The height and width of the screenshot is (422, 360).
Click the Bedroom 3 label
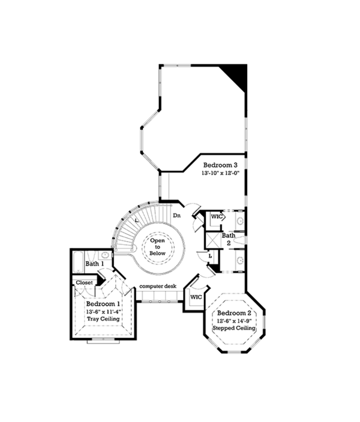[219, 165]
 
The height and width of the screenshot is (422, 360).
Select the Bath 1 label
[95, 263]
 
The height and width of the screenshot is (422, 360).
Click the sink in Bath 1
[105, 255]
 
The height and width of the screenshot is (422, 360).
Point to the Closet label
[84, 282]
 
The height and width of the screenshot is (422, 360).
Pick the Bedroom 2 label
[233, 314]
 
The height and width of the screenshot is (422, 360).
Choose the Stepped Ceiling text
[234, 328]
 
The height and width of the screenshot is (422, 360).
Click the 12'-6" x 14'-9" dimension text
[233, 321]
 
